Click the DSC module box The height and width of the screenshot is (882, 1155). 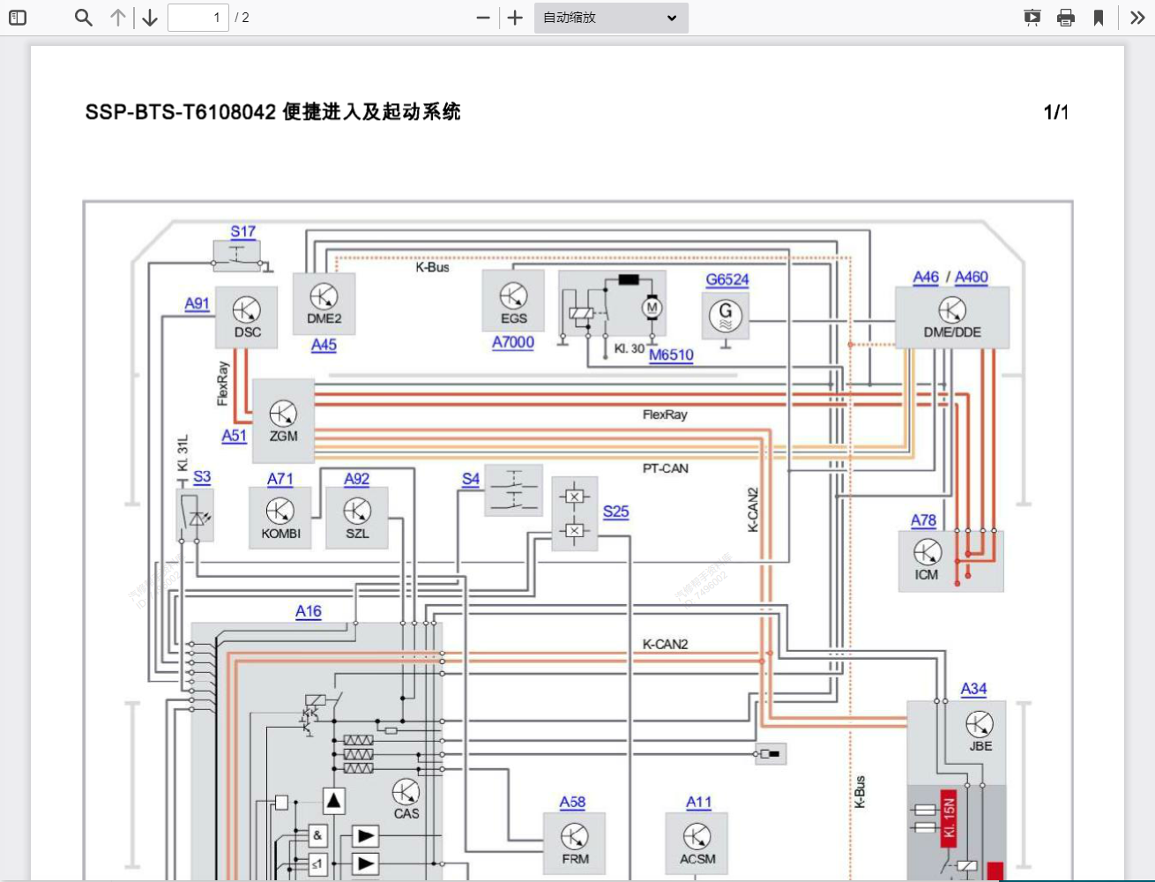[247, 318]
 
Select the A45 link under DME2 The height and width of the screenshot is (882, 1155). [324, 345]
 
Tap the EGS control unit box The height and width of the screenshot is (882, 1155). [513, 302]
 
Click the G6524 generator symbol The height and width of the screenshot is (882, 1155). [726, 316]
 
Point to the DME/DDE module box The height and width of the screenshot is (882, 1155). [952, 318]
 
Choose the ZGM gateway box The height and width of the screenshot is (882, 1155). [283, 421]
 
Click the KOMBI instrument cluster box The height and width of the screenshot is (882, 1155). [280, 518]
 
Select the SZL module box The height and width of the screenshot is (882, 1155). [357, 518]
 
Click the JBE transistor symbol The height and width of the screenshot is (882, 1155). [980, 724]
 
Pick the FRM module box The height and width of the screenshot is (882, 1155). [575, 843]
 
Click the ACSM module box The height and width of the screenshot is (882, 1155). [697, 843]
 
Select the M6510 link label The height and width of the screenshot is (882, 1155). [671, 355]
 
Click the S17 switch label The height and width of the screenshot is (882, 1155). [242, 231]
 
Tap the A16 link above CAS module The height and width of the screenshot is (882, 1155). [309, 611]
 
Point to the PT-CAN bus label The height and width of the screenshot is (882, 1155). [665, 468]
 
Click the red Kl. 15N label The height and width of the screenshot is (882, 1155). [949, 818]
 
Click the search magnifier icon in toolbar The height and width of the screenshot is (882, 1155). [84, 18]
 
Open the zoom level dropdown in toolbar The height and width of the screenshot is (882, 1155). [611, 18]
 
